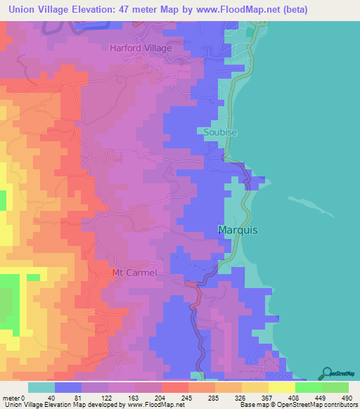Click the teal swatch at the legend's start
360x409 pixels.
pos(41,387)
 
